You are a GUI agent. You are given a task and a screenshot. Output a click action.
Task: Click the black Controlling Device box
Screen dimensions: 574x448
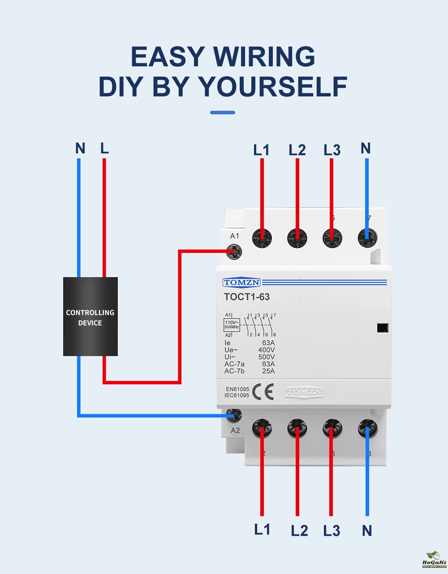point(90,317)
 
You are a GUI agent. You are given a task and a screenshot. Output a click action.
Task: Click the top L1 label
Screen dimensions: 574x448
point(261,150)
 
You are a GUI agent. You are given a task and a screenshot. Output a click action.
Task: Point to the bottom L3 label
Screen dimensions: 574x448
point(332,531)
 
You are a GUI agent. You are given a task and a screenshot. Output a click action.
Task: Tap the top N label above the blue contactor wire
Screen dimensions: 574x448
point(366,148)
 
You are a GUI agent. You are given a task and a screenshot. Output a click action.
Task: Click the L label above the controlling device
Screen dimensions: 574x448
point(104,148)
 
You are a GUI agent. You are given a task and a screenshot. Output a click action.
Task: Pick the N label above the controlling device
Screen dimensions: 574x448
point(80,148)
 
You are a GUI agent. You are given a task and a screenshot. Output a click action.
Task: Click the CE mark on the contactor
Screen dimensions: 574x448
point(263,392)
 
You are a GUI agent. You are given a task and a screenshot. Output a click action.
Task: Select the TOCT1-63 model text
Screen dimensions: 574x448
point(247,297)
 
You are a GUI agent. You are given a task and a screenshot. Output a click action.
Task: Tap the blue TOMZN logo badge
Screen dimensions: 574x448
point(241,283)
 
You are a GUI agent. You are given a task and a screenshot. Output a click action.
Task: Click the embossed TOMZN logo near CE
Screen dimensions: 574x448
point(304,392)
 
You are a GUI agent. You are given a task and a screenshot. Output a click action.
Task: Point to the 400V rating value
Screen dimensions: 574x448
point(267,350)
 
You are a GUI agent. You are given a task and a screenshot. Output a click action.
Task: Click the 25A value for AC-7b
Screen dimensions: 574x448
point(268,371)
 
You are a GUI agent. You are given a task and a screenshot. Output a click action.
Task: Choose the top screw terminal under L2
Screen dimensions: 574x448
point(297,237)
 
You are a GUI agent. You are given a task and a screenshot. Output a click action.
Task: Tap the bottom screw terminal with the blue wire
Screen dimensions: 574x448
point(367,429)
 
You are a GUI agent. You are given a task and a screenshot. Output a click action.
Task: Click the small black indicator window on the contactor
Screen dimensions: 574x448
point(382,328)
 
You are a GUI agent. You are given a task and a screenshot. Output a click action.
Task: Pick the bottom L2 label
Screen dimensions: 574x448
point(299,531)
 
